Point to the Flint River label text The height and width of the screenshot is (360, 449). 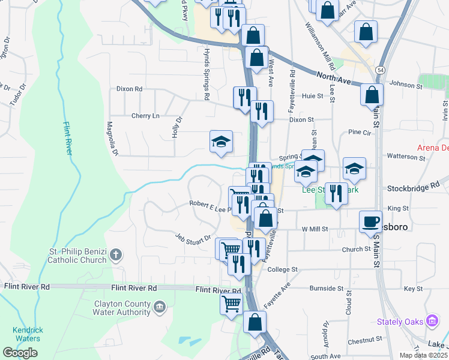tap(68, 139)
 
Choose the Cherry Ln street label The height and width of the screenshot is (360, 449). tap(145, 115)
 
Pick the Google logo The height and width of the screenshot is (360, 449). tap(20, 353)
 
